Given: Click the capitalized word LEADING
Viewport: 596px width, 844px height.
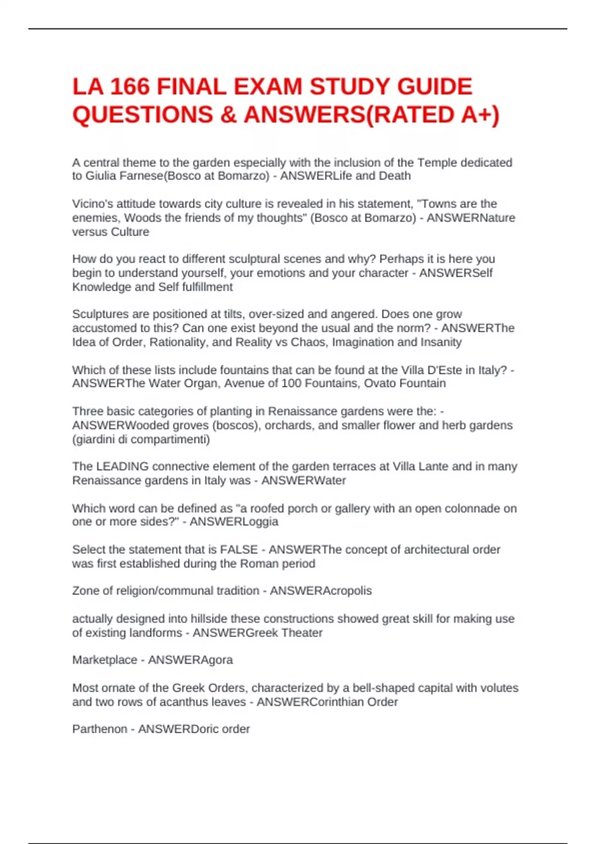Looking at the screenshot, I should tap(122, 467).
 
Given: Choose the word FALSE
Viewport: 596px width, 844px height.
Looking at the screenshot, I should tap(239, 550).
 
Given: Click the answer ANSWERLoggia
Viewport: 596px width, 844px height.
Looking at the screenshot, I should tap(234, 522).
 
